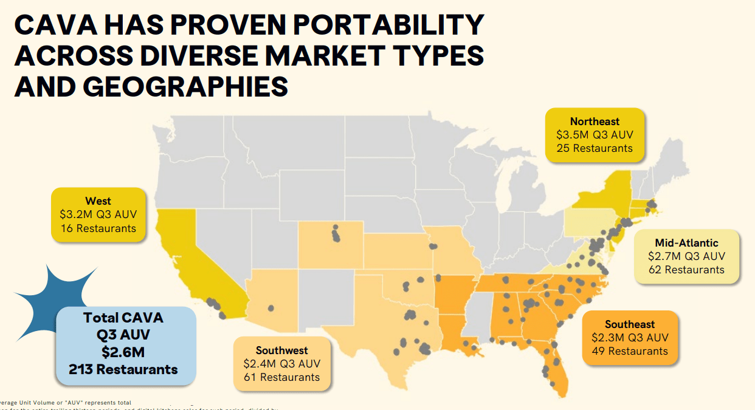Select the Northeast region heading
point(595,121)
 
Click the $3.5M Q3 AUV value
point(595,135)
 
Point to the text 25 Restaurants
point(595,148)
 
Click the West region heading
point(98,201)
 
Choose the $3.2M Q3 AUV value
point(98,214)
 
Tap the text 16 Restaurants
point(98,228)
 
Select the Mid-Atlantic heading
point(686,243)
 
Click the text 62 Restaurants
point(686,270)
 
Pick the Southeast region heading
point(630,324)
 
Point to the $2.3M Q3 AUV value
point(630,338)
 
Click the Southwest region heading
point(282,350)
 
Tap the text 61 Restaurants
point(282,377)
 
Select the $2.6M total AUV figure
point(124,352)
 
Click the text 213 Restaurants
point(124,369)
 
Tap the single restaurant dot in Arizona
point(271,307)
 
